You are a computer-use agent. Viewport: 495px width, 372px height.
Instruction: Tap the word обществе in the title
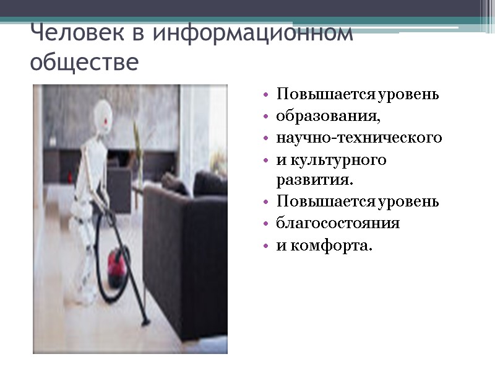(84, 63)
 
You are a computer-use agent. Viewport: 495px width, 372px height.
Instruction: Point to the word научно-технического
(359, 138)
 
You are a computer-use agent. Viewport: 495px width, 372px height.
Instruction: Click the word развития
(314, 180)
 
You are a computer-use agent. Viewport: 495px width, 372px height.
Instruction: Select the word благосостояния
(338, 223)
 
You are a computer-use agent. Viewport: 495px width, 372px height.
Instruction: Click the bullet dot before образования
(265, 117)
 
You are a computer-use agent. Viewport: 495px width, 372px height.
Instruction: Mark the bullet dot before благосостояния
(265, 224)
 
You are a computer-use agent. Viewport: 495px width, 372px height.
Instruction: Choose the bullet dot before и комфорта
(265, 246)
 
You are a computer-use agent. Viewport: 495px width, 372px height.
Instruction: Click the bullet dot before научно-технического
(265, 138)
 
